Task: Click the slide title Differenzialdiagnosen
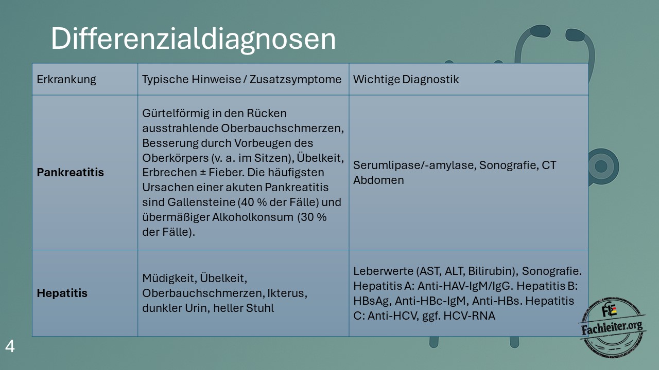193,39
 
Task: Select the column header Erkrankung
66,80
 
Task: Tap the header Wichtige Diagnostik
406,79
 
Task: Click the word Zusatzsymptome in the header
296,80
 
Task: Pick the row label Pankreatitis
71,172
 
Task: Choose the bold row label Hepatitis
62,293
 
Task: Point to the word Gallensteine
201,202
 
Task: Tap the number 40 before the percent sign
248,202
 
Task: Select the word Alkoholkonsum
253,217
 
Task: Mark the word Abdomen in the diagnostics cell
378,180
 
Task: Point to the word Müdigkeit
169,278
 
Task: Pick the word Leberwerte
384,271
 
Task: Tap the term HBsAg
372,301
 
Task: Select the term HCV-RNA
469,316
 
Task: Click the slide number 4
10,346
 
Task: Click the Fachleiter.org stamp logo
613,327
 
